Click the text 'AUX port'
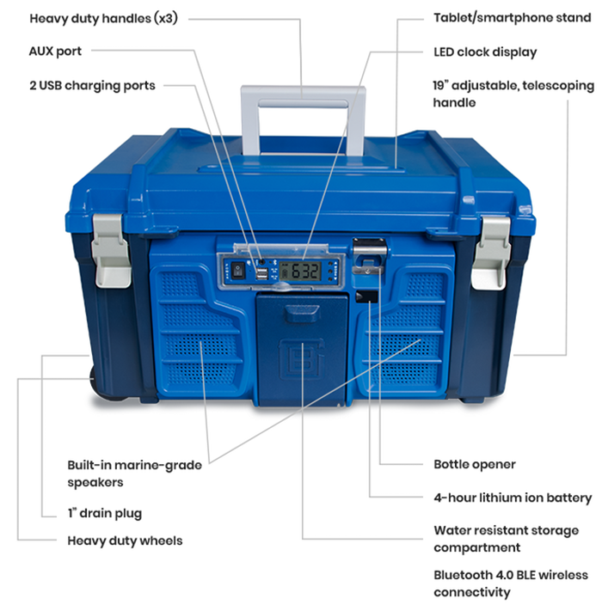point(55,52)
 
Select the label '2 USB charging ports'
point(92,85)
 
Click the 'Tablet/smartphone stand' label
point(504,18)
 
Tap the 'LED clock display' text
point(485,52)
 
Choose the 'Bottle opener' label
point(475,465)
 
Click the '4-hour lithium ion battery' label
point(513,498)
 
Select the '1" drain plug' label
point(105,514)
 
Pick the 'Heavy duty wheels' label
point(125,541)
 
